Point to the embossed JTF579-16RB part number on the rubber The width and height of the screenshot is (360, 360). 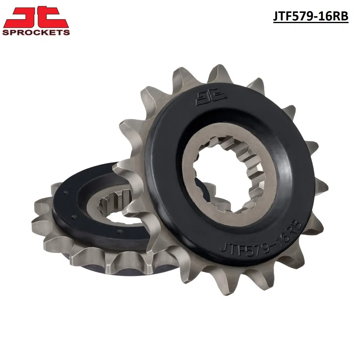click(x=261, y=240)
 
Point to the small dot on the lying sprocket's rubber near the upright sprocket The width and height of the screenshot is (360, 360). click(x=119, y=231)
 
